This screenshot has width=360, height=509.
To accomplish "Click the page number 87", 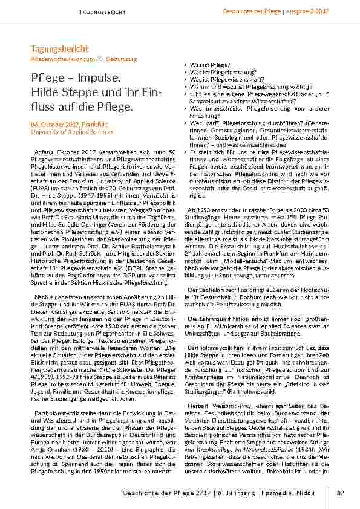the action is (340, 493).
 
